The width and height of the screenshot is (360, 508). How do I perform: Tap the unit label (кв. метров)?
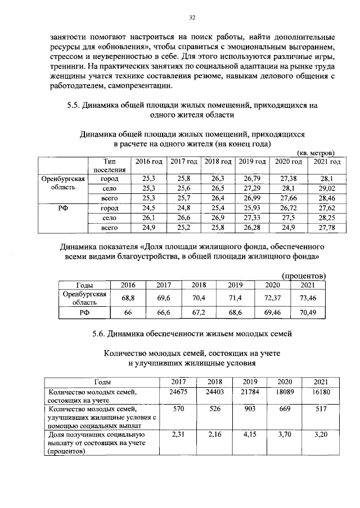[x=316, y=152]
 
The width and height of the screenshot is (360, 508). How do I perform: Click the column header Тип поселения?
[x=105, y=166]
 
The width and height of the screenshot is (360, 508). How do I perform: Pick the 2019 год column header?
[x=252, y=162]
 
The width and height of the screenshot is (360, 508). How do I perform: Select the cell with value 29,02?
[x=327, y=188]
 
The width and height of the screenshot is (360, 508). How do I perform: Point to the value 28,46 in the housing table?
[x=327, y=198]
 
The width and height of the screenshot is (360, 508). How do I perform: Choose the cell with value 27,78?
[x=327, y=228]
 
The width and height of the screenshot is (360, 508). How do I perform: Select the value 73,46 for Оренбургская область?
[x=308, y=297]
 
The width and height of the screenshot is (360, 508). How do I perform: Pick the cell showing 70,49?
[x=308, y=312]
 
